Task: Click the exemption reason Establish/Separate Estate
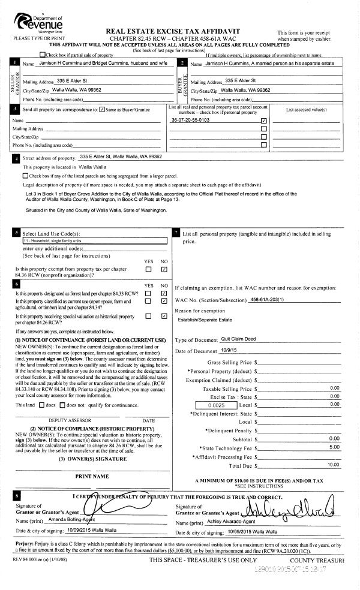click(203, 320)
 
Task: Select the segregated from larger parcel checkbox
click(25, 176)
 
